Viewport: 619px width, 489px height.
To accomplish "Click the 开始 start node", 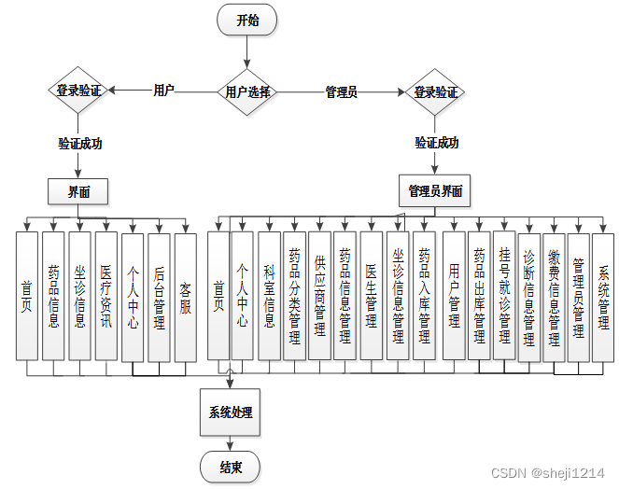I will (247, 20).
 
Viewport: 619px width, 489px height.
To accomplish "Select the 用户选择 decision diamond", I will (247, 92).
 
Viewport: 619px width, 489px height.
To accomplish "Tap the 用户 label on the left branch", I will (163, 91).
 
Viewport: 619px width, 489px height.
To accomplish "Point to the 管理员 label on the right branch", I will (341, 92).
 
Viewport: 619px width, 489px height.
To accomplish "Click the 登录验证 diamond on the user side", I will (78, 91).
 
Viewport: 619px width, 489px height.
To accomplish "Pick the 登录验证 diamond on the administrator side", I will (436, 92).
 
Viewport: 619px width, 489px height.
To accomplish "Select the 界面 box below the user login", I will (78, 192).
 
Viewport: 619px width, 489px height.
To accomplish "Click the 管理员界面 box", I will (435, 191).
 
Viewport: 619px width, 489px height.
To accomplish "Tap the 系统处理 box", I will (230, 412).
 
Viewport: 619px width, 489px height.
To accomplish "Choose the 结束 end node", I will (231, 467).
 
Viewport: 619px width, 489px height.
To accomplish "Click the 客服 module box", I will (186, 296).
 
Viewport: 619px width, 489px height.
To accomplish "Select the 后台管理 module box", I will (159, 296).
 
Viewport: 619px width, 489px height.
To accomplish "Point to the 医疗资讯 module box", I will (106, 296).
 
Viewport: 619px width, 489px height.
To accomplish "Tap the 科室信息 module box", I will (269, 296).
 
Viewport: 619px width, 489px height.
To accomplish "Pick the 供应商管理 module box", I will (319, 296).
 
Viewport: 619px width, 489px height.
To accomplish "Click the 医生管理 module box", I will (371, 296).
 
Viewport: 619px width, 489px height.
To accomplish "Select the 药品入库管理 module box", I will (424, 296).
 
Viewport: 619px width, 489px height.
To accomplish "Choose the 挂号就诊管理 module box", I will (504, 296).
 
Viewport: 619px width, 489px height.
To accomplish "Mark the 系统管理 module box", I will (603, 296).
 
